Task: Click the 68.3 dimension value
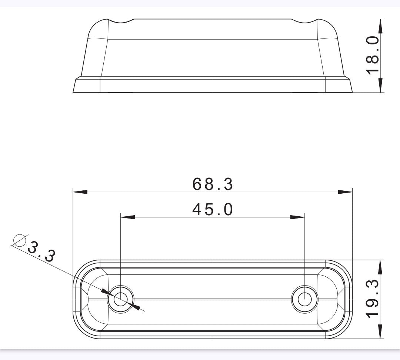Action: click(x=213, y=184)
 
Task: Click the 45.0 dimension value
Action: click(x=213, y=210)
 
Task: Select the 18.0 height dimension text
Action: click(x=373, y=55)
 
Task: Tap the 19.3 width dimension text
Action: click(x=373, y=299)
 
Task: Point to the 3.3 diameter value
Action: click(x=41, y=251)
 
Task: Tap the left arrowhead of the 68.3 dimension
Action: click(x=80, y=192)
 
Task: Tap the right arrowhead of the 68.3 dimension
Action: click(x=345, y=192)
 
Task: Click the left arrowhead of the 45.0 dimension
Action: click(x=128, y=217)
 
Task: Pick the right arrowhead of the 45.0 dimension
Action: click(x=297, y=217)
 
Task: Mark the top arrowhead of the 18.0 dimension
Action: click(x=380, y=26)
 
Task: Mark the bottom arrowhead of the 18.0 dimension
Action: click(x=380, y=86)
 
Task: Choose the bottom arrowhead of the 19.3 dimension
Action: click(x=380, y=332)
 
